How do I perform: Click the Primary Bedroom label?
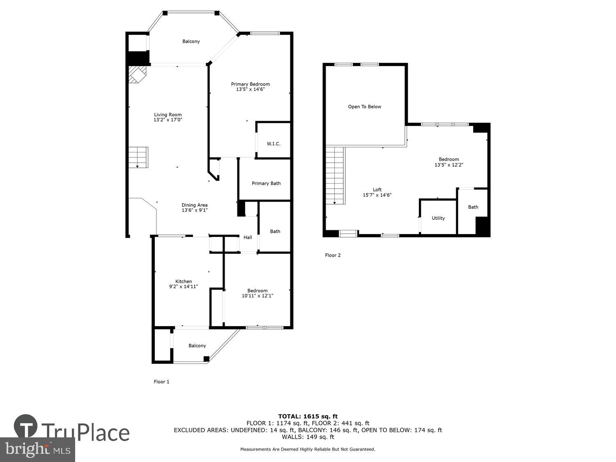tap(250, 84)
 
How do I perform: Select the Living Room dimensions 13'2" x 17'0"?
tap(168, 120)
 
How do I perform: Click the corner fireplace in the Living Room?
tap(137, 75)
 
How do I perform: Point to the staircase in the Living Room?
tap(138, 157)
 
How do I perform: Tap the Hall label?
tap(248, 237)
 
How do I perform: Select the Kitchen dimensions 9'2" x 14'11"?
tap(184, 287)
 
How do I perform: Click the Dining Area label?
tap(195, 205)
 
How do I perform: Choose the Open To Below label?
tap(365, 107)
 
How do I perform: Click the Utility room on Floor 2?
tap(438, 218)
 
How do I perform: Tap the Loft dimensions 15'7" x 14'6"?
tap(377, 195)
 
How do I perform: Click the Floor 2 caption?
tap(333, 255)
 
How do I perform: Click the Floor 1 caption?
tap(161, 382)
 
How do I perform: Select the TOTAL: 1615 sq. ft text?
tap(308, 416)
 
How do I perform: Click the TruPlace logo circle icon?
tap(26, 427)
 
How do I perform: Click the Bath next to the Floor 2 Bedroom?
tap(473, 207)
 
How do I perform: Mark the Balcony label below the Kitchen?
tap(197, 345)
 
